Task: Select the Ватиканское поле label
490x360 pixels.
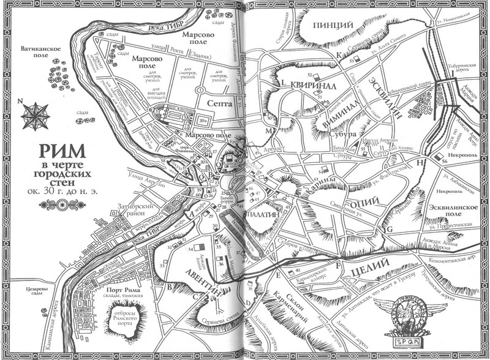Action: point(39,50)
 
